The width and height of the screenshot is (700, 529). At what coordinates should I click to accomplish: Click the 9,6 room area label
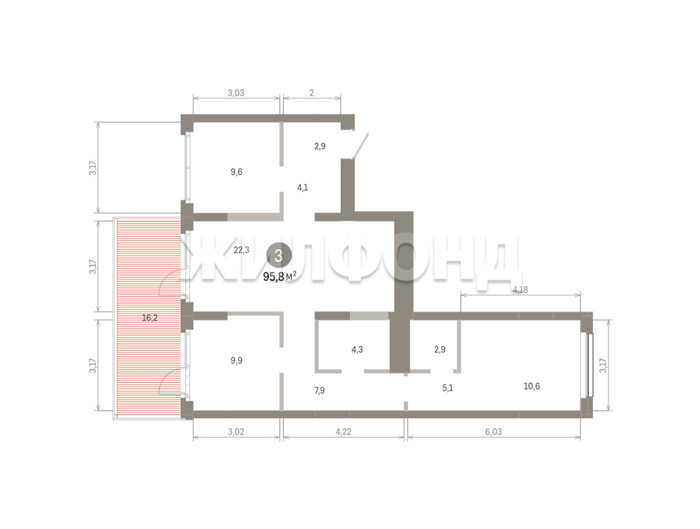[x=236, y=172]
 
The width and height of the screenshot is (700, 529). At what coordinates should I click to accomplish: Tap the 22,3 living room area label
[x=241, y=250]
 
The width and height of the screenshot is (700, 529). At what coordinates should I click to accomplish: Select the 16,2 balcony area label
[x=149, y=318]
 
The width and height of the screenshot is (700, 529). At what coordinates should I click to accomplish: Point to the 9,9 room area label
[x=236, y=360]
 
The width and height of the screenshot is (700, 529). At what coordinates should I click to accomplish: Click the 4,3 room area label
[x=357, y=350]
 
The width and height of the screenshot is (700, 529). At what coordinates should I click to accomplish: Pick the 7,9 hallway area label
[x=319, y=391]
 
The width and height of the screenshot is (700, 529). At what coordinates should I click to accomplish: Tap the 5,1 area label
[x=447, y=388]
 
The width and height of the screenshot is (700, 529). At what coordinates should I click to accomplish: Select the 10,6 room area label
[x=531, y=387]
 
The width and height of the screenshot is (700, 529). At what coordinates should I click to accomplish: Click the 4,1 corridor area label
[x=302, y=187]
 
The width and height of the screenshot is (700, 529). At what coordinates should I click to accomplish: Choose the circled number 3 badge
[x=279, y=256]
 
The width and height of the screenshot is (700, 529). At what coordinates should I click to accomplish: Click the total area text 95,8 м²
[x=279, y=277]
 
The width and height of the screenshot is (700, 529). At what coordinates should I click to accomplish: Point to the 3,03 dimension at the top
[x=236, y=93]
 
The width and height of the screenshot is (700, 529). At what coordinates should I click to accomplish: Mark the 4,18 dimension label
[x=520, y=290]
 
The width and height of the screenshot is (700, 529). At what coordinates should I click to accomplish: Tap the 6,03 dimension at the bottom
[x=494, y=432]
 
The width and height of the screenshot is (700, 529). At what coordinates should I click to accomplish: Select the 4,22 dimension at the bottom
[x=344, y=432]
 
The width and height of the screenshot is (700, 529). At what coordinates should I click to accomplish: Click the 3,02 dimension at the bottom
[x=236, y=432]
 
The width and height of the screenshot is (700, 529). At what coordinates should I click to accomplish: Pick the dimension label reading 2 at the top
[x=311, y=93]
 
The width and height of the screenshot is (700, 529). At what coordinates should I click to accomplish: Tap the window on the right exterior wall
[x=590, y=365]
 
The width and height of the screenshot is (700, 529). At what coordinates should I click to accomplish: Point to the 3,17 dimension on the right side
[x=603, y=366]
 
